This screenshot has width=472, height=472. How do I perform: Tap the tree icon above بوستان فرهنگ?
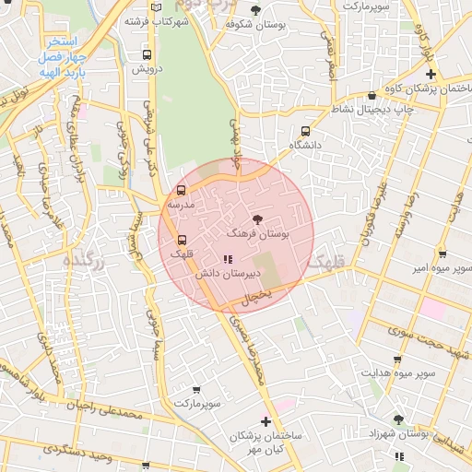tap(256, 219)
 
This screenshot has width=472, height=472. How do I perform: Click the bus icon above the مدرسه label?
tap(180, 189)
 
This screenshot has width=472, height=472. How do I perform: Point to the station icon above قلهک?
tap(180, 239)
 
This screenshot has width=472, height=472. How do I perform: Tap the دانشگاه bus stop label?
tap(304, 146)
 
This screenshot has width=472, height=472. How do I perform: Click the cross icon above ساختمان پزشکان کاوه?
tap(430, 73)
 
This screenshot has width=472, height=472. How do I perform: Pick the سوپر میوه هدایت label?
tap(398, 374)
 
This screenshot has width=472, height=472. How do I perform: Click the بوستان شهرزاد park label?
tap(400, 433)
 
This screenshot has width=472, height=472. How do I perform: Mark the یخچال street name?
tap(254, 295)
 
